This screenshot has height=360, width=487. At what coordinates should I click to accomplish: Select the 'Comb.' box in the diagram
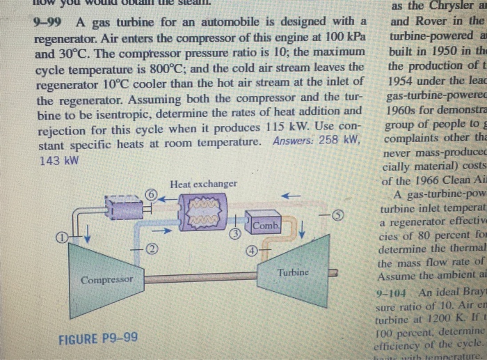265,226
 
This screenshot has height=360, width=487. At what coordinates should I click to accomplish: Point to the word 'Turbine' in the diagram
293,272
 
